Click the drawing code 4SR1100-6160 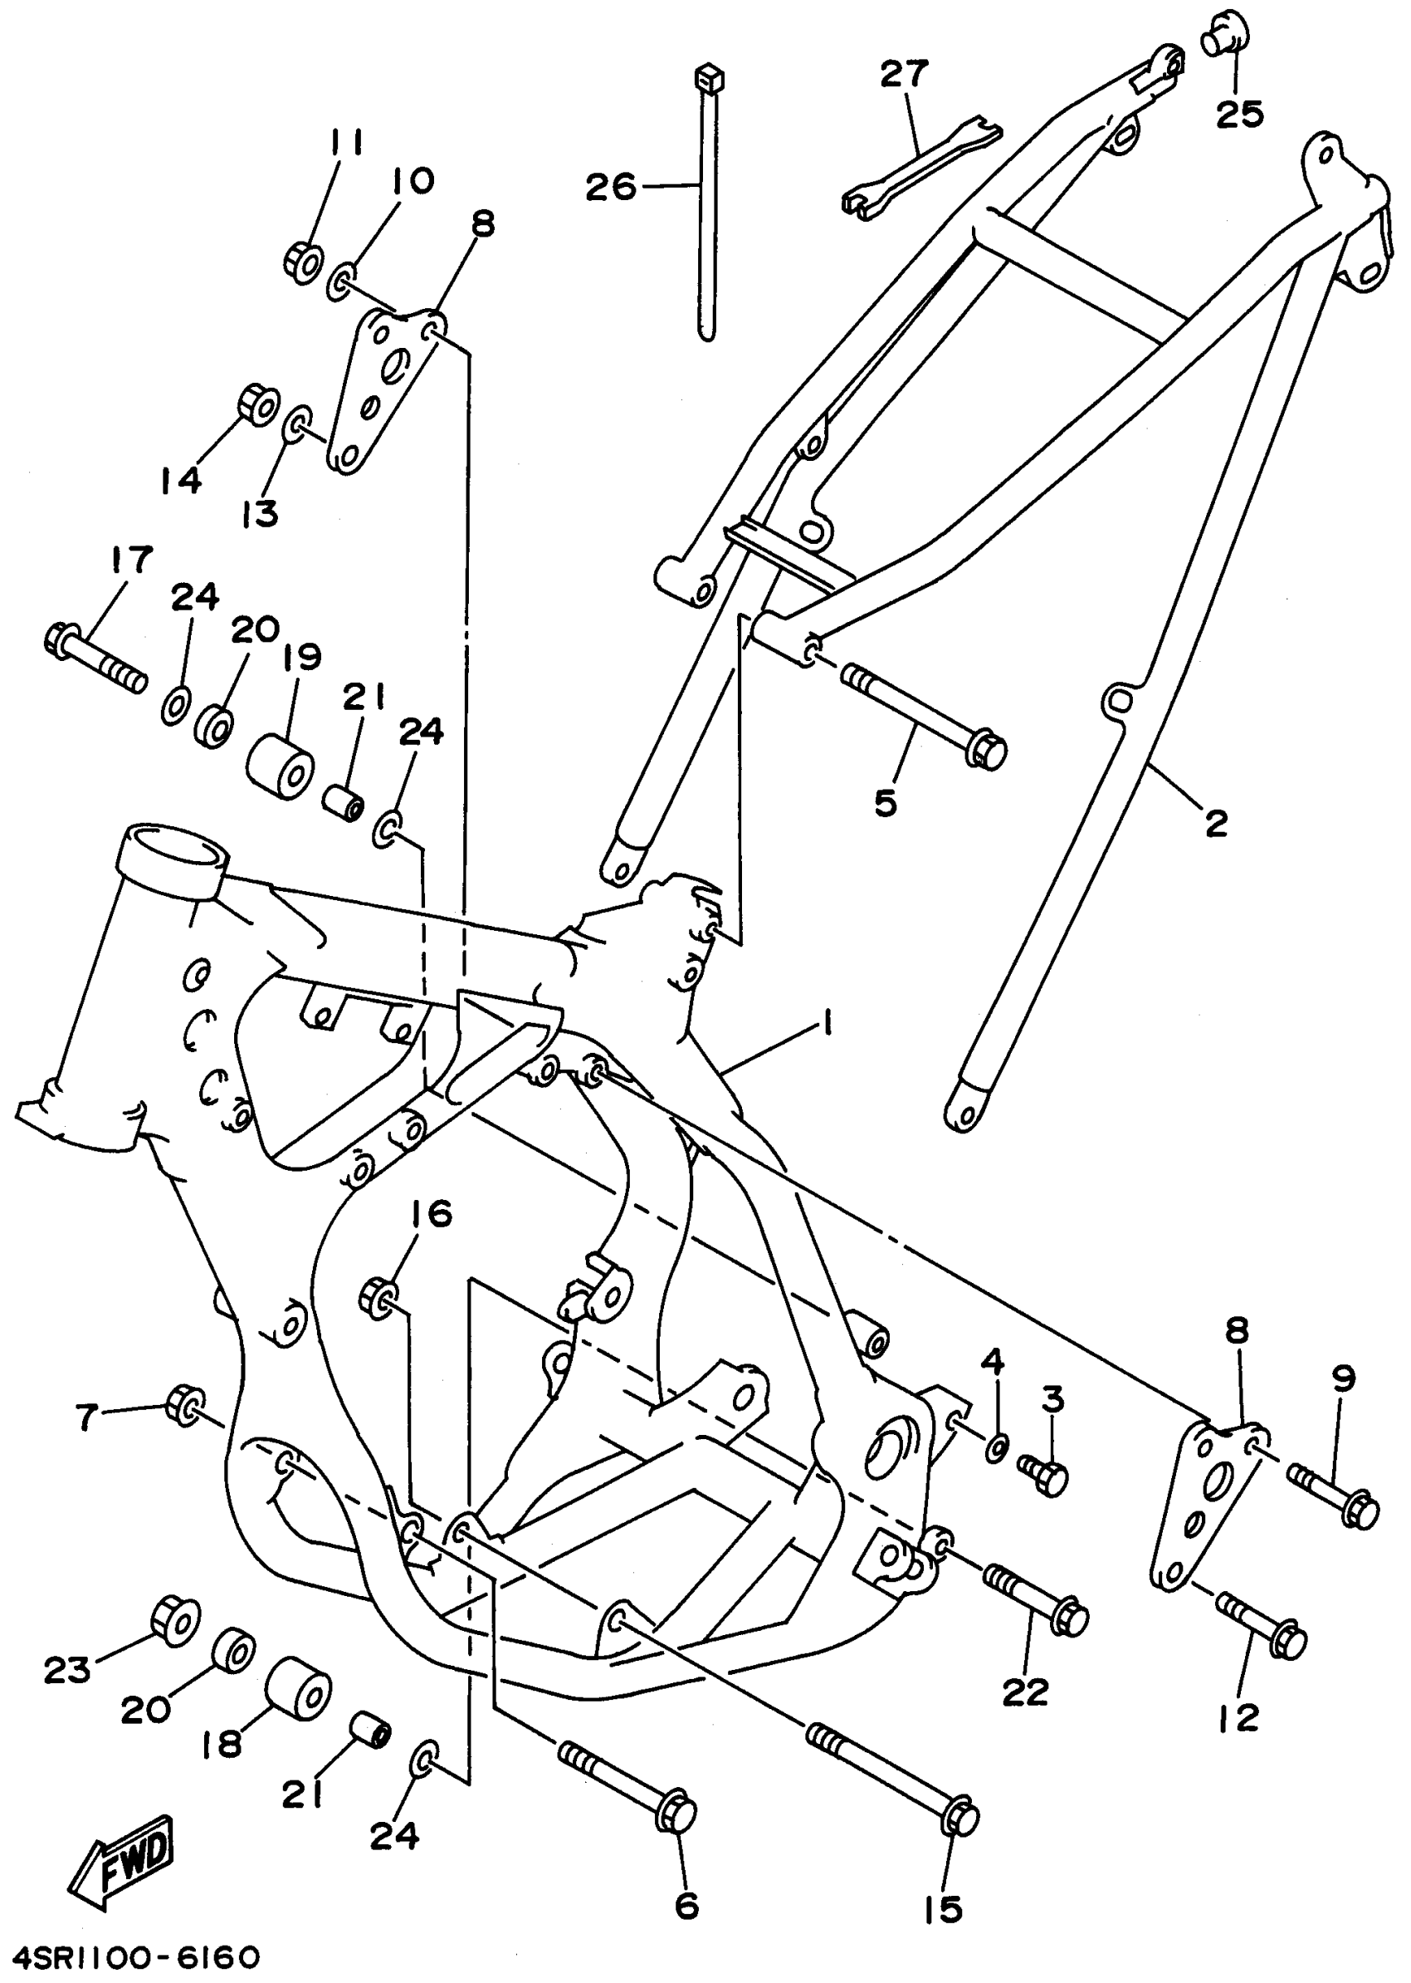[131, 1958]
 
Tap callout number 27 [904, 75]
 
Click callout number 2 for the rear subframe [1214, 821]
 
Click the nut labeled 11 [303, 261]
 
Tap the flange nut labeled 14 [257, 404]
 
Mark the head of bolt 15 [959, 1818]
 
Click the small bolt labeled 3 [1042, 1475]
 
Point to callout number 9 [1343, 1380]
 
